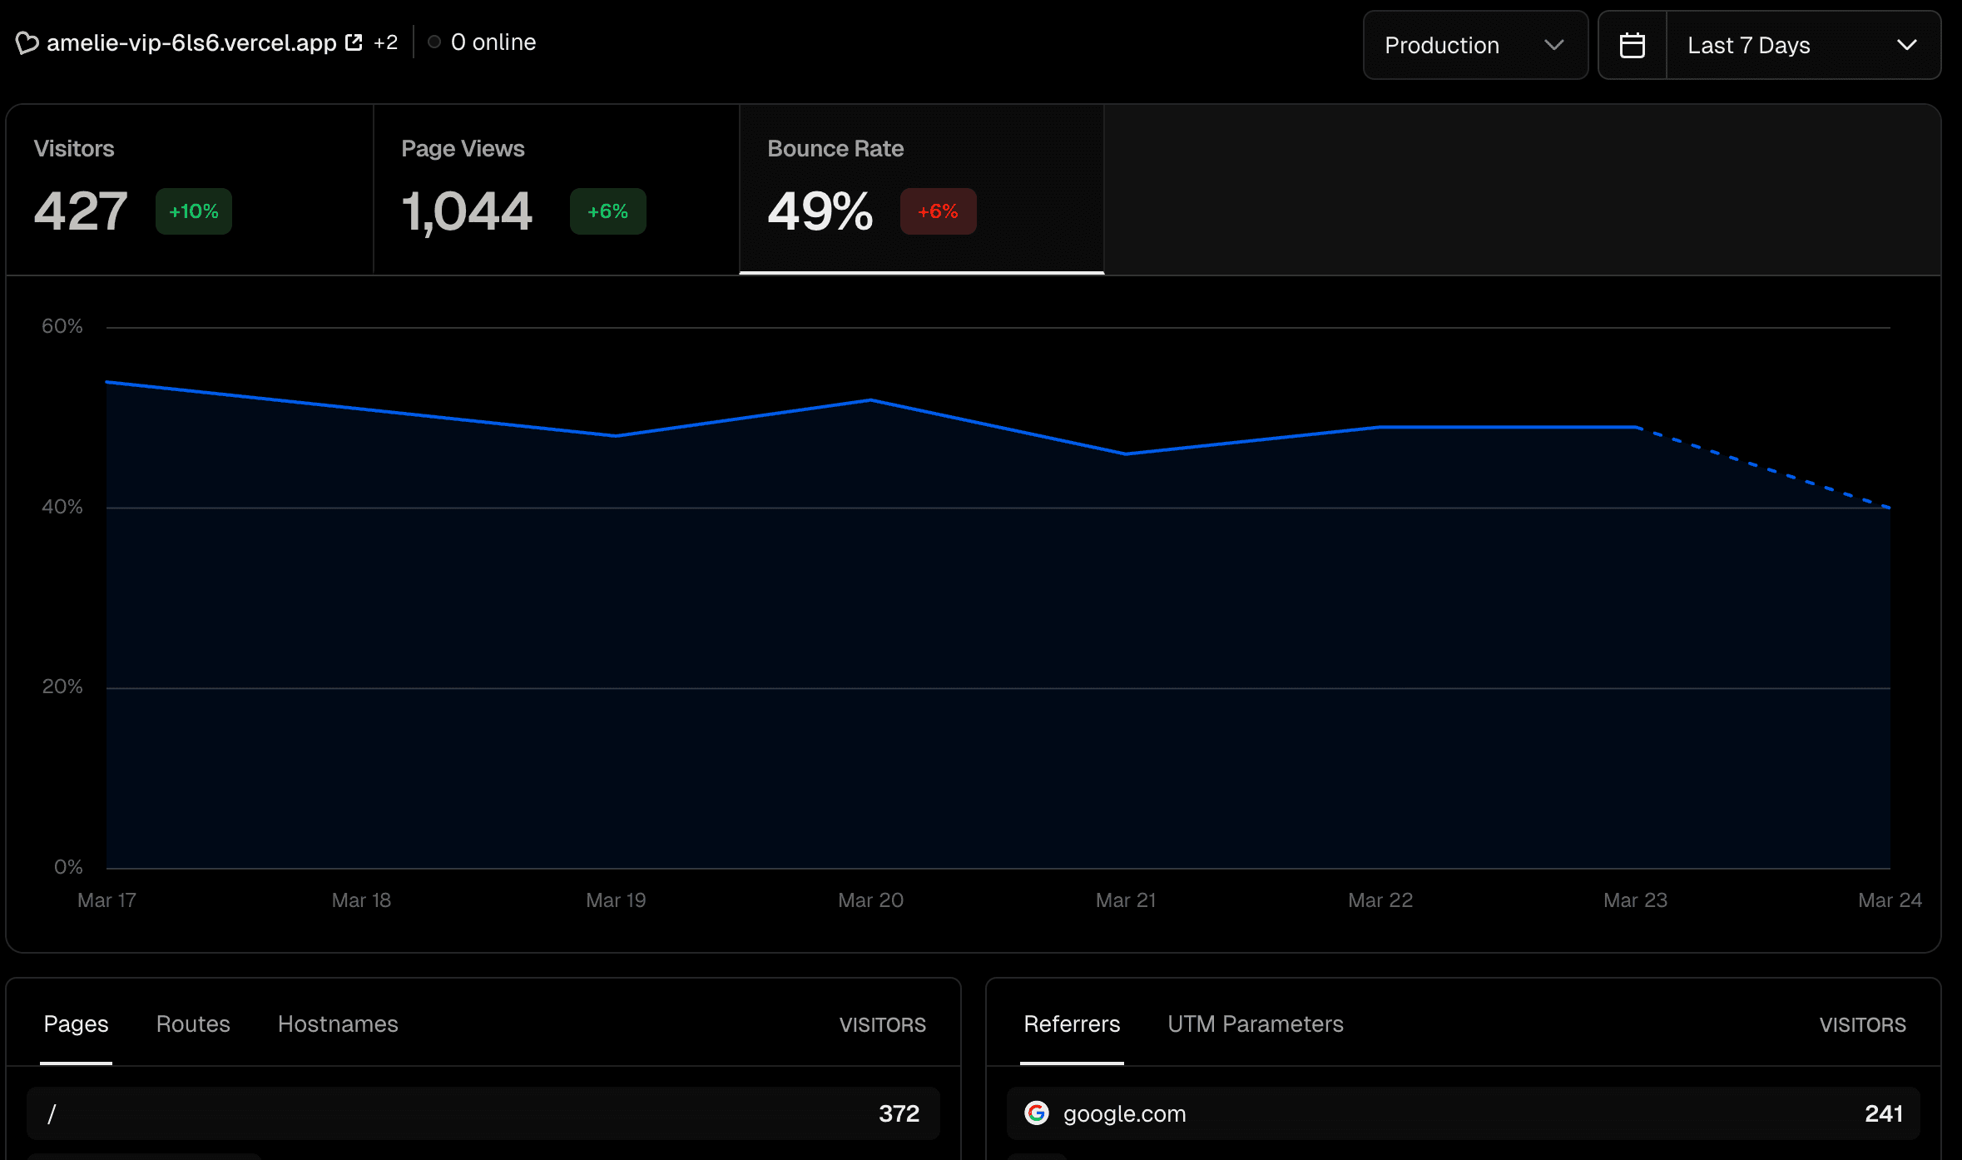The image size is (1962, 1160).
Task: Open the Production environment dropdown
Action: tap(1474, 45)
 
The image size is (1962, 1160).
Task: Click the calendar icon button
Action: tap(1632, 45)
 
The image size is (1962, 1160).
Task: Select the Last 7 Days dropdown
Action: tap(1802, 45)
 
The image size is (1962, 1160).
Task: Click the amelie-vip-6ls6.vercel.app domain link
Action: tap(191, 42)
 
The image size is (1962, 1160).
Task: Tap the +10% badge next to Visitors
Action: tap(193, 211)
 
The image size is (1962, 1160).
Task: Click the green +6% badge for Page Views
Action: tap(607, 211)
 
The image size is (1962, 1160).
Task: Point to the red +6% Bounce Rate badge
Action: tap(938, 211)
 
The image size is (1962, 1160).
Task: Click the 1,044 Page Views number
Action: tap(467, 211)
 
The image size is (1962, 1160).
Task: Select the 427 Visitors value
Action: tap(81, 211)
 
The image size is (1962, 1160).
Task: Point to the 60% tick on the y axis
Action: tap(62, 326)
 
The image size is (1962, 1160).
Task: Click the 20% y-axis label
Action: tap(62, 687)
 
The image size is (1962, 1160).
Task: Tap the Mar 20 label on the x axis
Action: tap(870, 900)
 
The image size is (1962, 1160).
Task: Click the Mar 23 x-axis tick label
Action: tap(1635, 900)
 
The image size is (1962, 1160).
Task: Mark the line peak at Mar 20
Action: tap(870, 400)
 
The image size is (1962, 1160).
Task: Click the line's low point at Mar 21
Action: tap(1126, 454)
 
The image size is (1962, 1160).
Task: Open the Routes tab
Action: tap(193, 1024)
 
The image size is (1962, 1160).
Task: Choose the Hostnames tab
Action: tap(338, 1024)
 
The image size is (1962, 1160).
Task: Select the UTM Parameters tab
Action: tap(1255, 1024)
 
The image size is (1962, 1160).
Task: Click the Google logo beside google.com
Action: tap(1036, 1113)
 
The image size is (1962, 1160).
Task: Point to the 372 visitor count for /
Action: tap(899, 1113)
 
